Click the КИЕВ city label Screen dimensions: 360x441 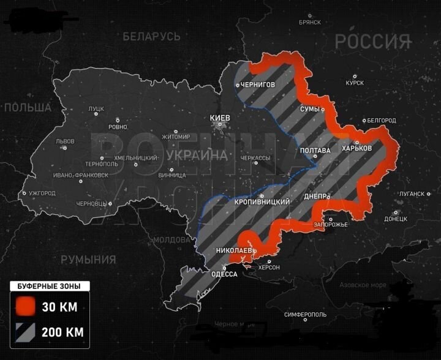tap(220, 117)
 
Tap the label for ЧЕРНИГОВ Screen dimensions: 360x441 tap(257, 84)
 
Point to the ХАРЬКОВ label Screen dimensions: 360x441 tap(357, 149)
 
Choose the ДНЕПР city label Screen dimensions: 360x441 tap(317, 197)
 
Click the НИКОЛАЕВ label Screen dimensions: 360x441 tap(233, 251)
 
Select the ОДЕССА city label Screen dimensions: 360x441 tap(224, 274)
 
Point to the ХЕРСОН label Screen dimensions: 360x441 tap(269, 268)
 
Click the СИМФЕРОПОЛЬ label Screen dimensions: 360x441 tap(306, 315)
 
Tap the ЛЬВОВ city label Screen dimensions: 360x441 tap(65, 141)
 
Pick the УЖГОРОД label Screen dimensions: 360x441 tap(42, 193)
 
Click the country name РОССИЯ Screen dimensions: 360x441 tap(372, 42)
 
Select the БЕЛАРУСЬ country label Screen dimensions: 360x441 tap(151, 37)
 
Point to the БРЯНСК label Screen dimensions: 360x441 tap(309, 22)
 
